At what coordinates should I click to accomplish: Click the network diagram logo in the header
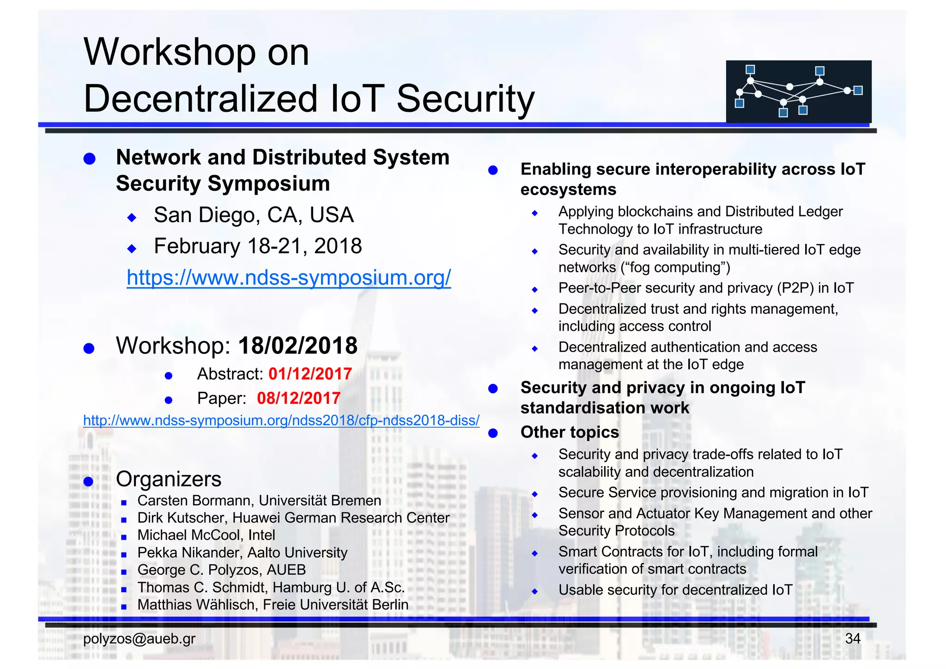click(x=798, y=91)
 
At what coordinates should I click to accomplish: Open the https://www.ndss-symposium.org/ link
click(x=289, y=278)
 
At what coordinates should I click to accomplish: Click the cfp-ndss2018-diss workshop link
click(x=281, y=420)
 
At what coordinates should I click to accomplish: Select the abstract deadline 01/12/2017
click(x=310, y=374)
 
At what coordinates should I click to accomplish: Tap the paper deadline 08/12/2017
click(x=298, y=398)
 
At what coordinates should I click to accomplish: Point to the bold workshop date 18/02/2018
click(x=297, y=346)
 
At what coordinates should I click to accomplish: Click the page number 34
click(x=852, y=639)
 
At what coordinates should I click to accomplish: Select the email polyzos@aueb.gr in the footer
click(x=139, y=639)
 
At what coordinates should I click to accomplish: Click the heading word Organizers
click(x=169, y=479)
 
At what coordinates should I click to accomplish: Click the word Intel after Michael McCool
click(x=261, y=535)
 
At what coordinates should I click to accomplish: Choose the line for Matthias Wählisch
click(x=273, y=605)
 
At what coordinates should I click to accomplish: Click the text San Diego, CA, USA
click(x=254, y=215)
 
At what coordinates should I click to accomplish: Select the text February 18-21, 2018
click(x=258, y=246)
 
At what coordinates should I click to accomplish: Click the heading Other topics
click(x=570, y=432)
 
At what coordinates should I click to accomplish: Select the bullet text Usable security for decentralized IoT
click(x=675, y=590)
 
